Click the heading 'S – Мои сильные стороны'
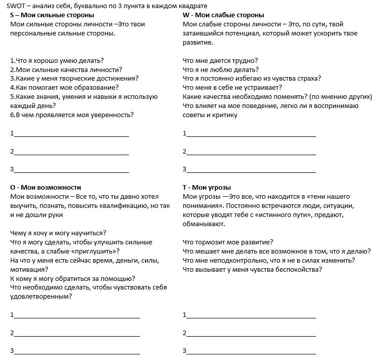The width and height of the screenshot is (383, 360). tap(52, 15)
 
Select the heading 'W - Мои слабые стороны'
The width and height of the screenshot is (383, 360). tap(223, 15)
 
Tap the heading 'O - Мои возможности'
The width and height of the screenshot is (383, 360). tap(46, 187)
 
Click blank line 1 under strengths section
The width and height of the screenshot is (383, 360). tap(71, 135)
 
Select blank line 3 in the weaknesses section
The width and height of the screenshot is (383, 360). tap(251, 170)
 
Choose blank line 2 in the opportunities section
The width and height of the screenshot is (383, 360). tap(76, 334)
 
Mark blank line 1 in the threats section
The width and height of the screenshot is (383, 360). tap(251, 316)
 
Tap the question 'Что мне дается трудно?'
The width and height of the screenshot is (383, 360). tap(220, 60)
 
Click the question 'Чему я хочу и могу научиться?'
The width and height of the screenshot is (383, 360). tap(58, 233)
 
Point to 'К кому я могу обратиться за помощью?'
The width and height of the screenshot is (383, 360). tap(73, 278)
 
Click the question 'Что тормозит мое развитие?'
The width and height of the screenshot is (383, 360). tap(228, 242)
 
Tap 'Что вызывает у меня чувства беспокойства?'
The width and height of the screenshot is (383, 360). tap(252, 269)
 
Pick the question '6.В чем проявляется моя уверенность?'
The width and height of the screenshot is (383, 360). tap(72, 115)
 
